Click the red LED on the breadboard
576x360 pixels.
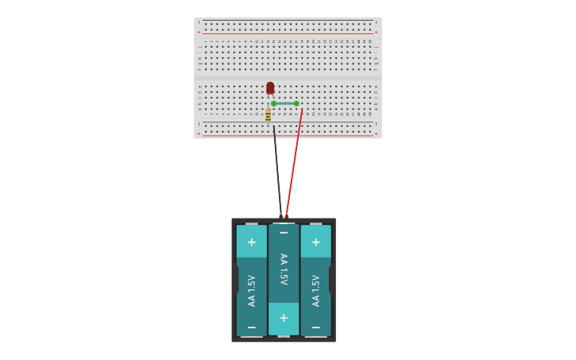(270, 87)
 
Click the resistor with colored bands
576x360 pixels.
(269, 115)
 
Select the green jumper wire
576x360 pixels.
(285, 103)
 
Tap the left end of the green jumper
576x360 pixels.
(274, 103)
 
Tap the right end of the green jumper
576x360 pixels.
(296, 103)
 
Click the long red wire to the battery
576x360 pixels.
(294, 163)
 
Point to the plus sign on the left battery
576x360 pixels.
(252, 242)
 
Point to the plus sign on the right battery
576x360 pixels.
(315, 242)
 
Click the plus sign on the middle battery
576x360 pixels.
(284, 318)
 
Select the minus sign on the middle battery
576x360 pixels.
(284, 233)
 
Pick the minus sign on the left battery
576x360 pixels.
(252, 327)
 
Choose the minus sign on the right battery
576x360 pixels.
(315, 327)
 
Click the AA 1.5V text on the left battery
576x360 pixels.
(252, 291)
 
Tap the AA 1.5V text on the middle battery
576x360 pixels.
(284, 269)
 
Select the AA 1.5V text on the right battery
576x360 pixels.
(315, 291)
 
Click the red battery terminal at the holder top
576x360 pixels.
(287, 215)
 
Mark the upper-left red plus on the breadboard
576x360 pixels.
(199, 33)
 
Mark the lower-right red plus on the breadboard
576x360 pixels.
(376, 134)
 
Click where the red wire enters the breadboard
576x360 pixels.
(302, 110)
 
